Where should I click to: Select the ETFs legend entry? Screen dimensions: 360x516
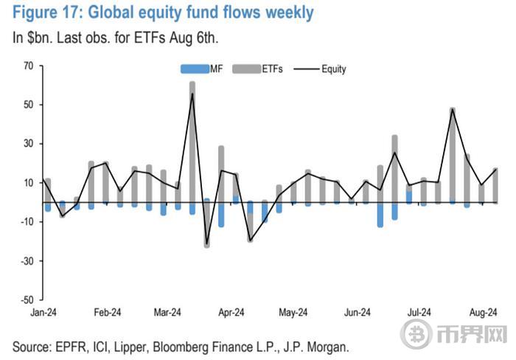(257, 69)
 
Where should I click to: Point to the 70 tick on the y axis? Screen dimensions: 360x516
(28, 65)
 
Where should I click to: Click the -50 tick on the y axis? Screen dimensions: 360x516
(27, 300)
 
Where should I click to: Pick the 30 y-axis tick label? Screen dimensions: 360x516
(28, 143)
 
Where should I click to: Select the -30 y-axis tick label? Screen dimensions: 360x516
(27, 261)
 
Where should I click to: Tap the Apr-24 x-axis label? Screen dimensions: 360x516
(230, 313)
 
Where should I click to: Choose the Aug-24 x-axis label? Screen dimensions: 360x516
(483, 313)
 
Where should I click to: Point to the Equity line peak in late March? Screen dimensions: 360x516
(192, 94)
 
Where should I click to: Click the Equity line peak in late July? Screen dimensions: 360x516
(452, 110)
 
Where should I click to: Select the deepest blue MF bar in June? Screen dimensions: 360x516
(380, 214)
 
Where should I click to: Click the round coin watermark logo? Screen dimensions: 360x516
(418, 333)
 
